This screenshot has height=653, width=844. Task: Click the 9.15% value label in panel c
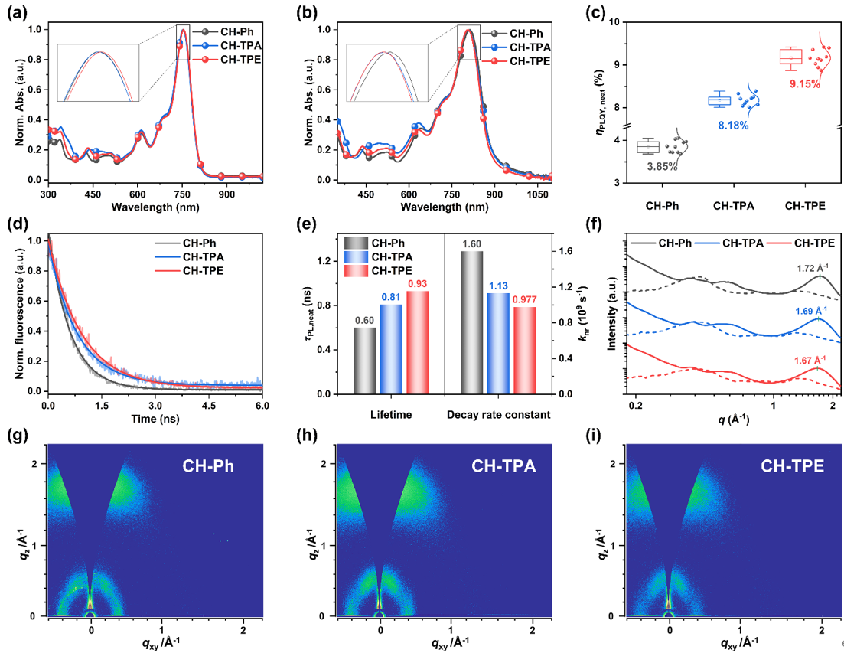(805, 84)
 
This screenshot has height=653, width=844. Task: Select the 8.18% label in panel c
(733, 126)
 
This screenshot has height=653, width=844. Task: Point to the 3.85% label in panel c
(662, 167)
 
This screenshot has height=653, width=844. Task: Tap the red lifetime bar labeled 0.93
(418, 342)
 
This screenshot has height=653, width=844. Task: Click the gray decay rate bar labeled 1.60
(471, 322)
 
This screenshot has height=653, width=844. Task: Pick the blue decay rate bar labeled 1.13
(498, 344)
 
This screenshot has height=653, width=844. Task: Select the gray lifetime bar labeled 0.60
(364, 361)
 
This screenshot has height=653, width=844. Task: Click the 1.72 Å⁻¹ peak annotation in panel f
(813, 267)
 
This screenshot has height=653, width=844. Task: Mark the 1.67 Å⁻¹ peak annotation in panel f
(810, 360)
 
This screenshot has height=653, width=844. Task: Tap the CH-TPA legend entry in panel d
(190, 256)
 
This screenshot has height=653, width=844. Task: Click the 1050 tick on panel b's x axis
(537, 194)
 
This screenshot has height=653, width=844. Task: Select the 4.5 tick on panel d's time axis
(209, 406)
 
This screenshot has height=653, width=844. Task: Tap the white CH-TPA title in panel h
(503, 465)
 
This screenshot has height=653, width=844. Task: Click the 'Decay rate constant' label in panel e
(498, 414)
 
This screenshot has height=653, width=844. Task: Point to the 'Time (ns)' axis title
(155, 419)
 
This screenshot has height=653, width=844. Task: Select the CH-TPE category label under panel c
(805, 206)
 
